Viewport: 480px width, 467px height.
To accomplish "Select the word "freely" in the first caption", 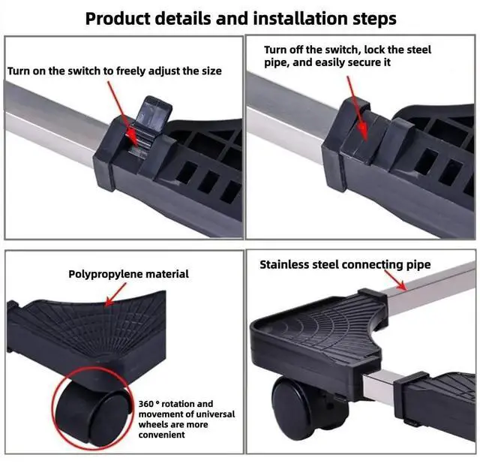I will point(139,71).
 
